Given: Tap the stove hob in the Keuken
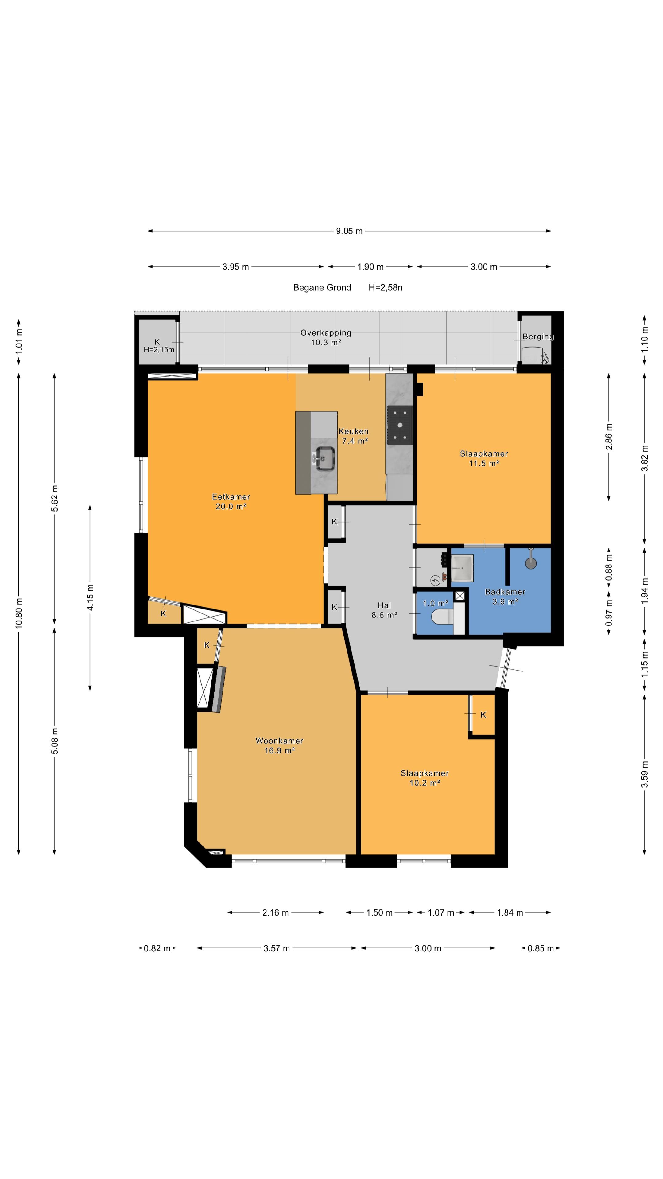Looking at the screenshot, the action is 399,425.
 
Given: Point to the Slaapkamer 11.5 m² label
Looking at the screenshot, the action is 484,458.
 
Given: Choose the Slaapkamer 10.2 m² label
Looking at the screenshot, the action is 425,778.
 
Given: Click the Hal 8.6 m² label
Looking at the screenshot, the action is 384,610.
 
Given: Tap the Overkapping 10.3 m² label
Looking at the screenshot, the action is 326,337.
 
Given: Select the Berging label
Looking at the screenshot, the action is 538,337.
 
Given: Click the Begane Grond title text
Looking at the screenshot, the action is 322,287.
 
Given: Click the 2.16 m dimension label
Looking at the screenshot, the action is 275,912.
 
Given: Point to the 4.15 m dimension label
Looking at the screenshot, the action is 91,597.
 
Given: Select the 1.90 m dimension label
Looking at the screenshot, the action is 370,267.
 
